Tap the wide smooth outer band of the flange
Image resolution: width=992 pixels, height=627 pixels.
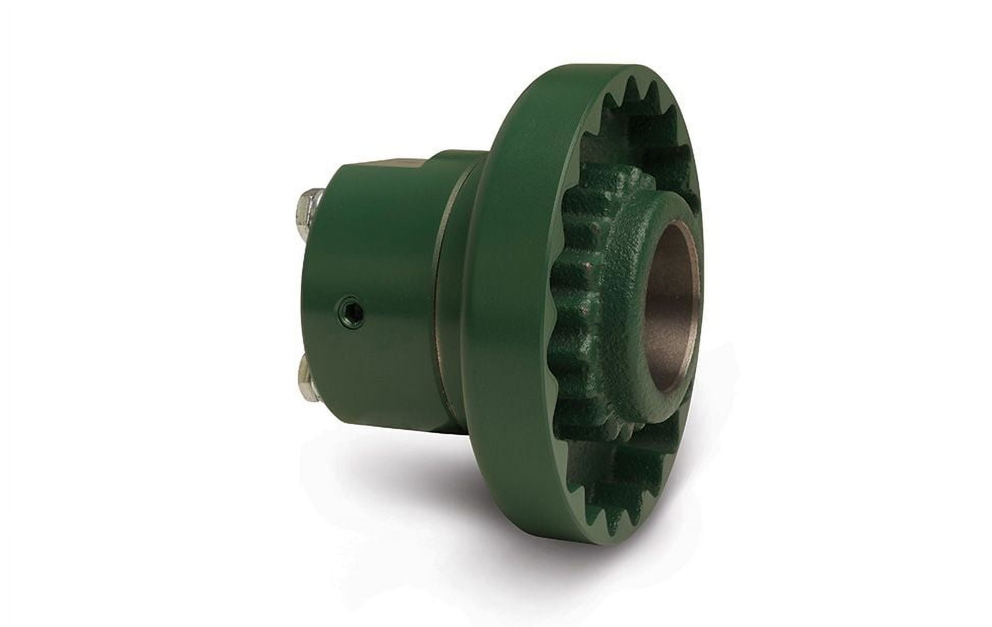[510, 306]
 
